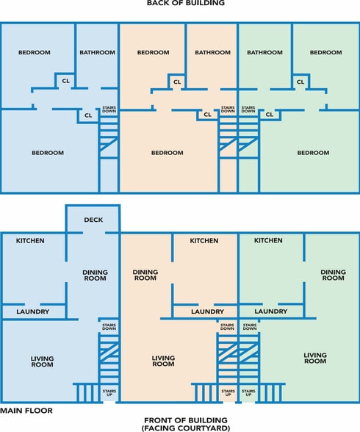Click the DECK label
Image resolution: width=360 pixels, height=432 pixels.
click(x=93, y=220)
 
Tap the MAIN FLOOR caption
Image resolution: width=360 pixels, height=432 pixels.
click(x=26, y=411)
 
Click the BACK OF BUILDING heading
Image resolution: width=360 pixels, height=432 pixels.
click(x=186, y=3)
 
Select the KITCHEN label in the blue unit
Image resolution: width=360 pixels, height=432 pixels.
click(x=30, y=240)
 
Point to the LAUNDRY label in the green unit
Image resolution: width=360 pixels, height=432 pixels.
click(x=271, y=312)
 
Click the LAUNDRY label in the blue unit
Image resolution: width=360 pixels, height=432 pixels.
click(x=33, y=312)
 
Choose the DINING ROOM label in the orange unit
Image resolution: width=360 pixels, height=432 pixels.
click(x=145, y=275)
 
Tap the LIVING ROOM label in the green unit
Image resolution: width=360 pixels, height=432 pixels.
click(x=315, y=358)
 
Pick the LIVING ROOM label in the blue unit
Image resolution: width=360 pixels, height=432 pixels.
click(x=42, y=361)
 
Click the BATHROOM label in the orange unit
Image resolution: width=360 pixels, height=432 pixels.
click(x=212, y=52)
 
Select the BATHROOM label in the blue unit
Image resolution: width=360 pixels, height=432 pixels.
click(x=97, y=52)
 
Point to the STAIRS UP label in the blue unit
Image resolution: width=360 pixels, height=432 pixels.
click(x=109, y=392)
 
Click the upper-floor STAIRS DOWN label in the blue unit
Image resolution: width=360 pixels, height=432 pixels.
click(x=109, y=109)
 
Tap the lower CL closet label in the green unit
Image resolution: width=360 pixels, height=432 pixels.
click(x=270, y=115)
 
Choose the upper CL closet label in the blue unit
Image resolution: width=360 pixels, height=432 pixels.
click(x=66, y=81)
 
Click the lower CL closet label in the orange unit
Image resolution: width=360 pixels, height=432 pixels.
click(x=207, y=115)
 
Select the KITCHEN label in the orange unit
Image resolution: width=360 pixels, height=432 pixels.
click(x=204, y=240)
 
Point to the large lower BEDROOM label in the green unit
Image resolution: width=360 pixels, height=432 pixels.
click(x=313, y=153)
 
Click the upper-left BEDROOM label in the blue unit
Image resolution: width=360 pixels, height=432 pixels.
click(x=35, y=52)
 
